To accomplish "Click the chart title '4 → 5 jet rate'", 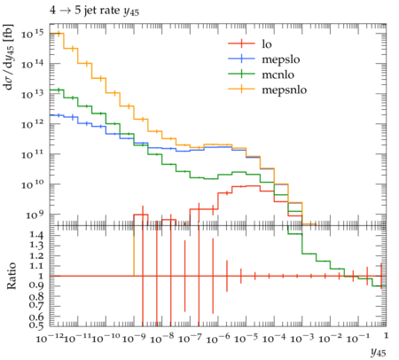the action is (x=84, y=11).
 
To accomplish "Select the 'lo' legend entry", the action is (x=267, y=44).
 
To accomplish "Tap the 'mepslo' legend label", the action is (x=281, y=59).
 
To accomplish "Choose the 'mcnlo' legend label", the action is (x=278, y=74).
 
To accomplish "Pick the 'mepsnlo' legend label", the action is (x=285, y=90).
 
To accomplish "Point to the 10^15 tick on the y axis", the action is (x=32, y=34).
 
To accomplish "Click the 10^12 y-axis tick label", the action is (x=32, y=124).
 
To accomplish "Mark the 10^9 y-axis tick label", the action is (x=35, y=215).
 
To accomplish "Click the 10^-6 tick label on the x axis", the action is (x=218, y=338).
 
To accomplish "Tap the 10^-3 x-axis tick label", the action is (x=302, y=338).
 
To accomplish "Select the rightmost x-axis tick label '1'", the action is (x=386, y=335).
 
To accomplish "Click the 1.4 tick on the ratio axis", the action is (x=36, y=235).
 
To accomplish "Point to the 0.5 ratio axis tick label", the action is (x=36, y=325).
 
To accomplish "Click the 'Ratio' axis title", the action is (x=12, y=276).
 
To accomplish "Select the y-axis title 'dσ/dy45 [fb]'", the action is (x=9, y=57).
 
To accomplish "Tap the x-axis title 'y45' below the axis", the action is (x=379, y=352).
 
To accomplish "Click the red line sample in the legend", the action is (x=241, y=43).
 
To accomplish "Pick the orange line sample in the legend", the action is (x=241, y=89).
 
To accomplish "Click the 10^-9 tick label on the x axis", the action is (x=134, y=338).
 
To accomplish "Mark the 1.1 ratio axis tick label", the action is (x=36, y=266).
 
